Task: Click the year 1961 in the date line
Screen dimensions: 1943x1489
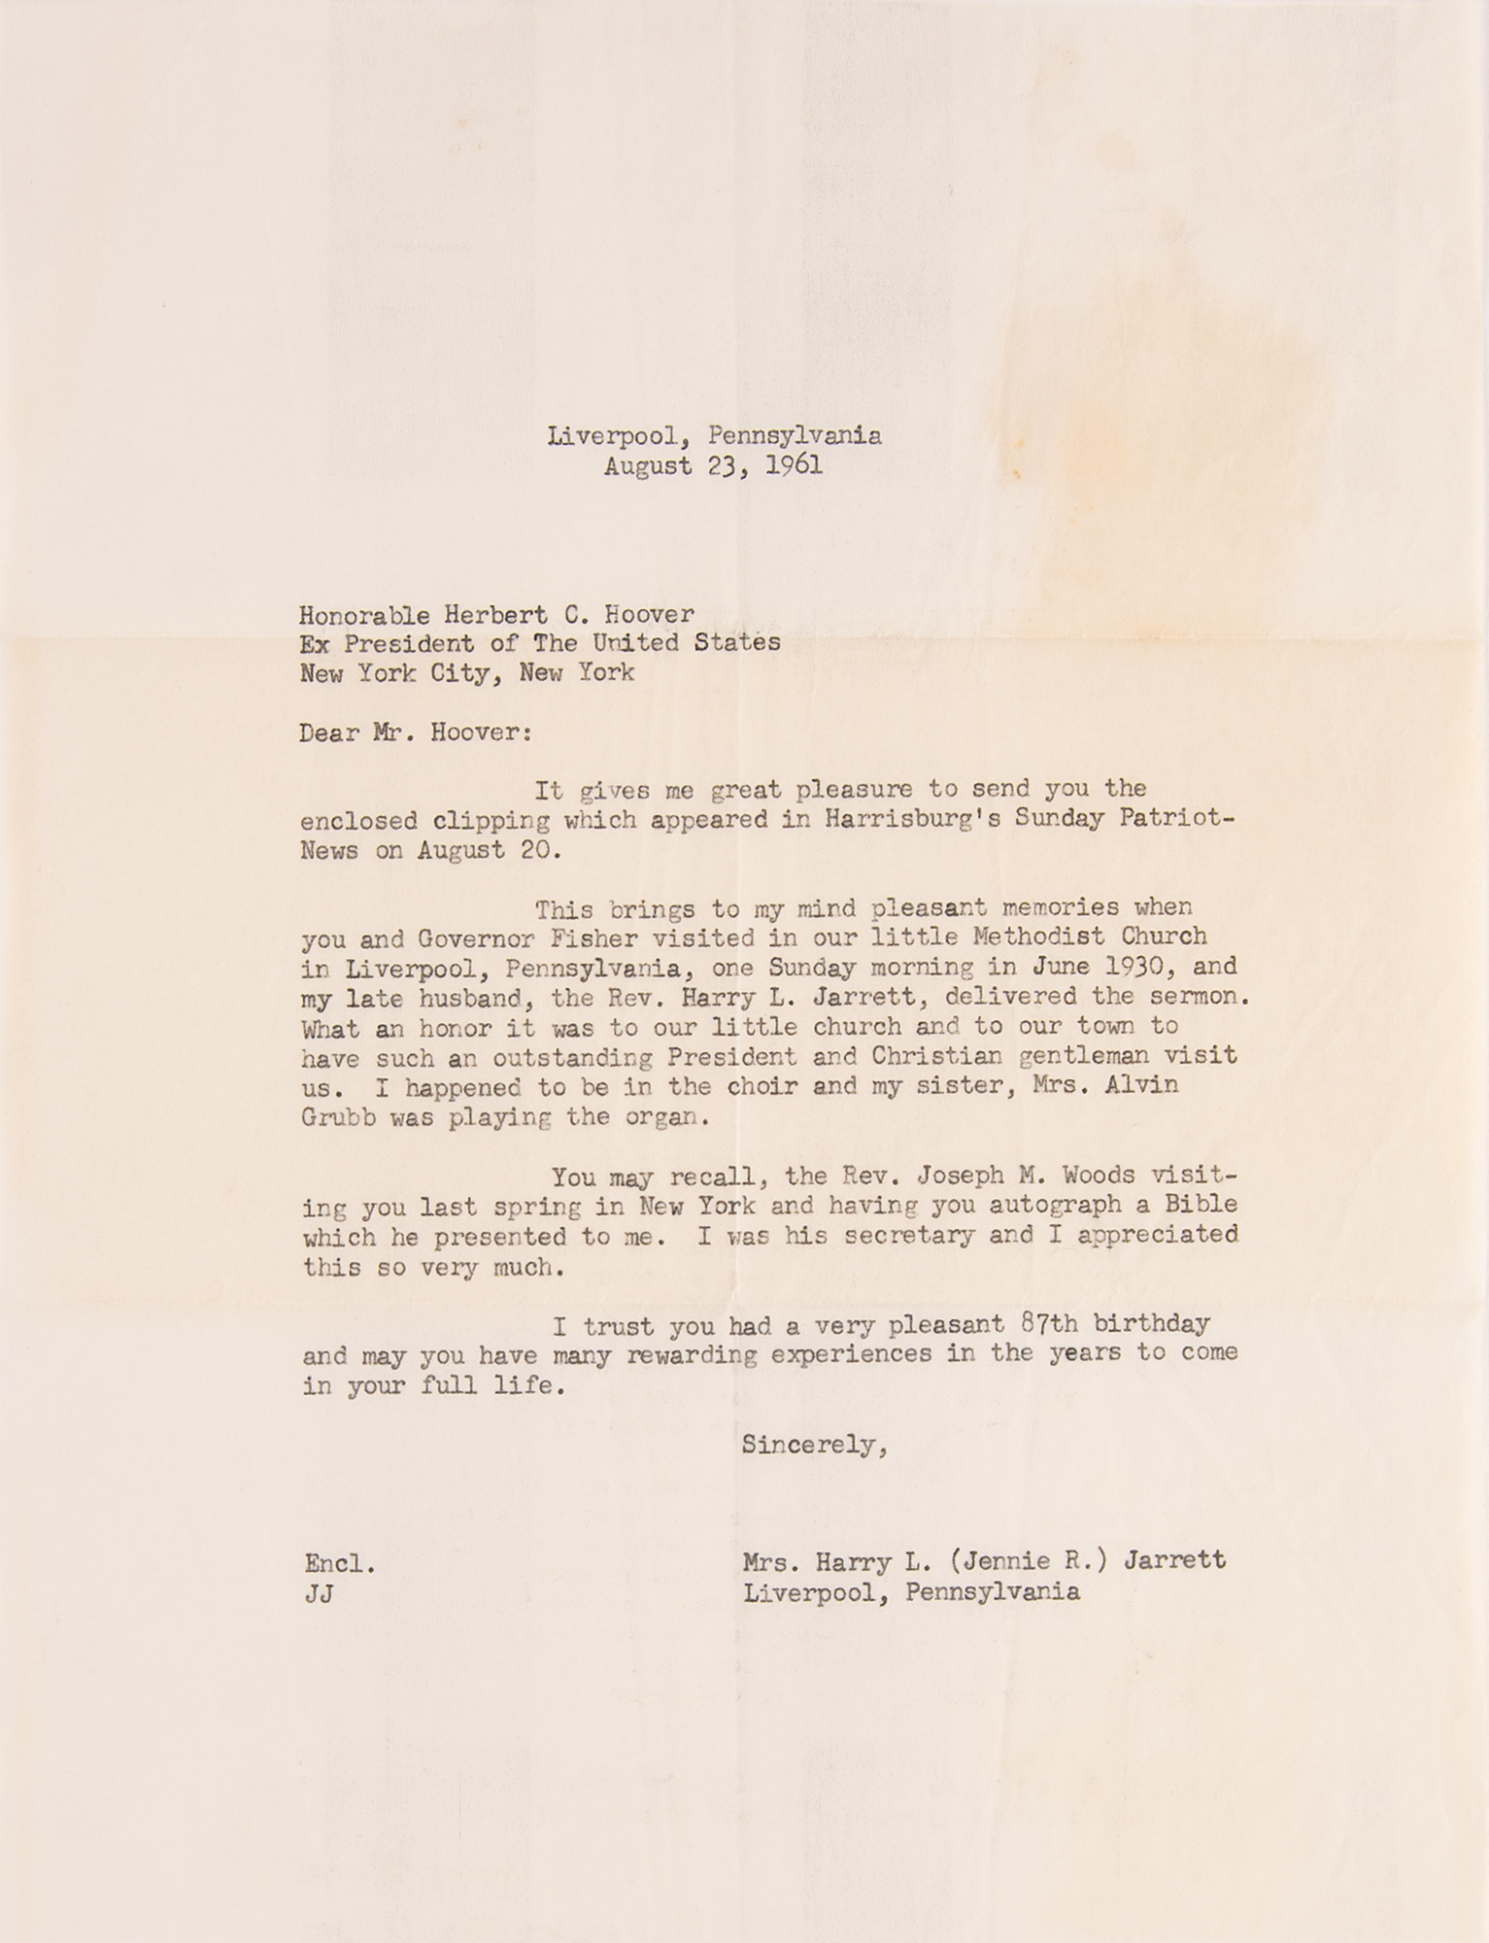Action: pos(794,466)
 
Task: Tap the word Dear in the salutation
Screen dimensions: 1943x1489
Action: pos(329,733)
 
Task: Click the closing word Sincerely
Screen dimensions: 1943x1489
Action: pos(811,1446)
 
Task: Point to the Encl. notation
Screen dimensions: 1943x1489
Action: pos(339,1564)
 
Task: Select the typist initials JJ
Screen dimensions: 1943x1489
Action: pos(319,1594)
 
